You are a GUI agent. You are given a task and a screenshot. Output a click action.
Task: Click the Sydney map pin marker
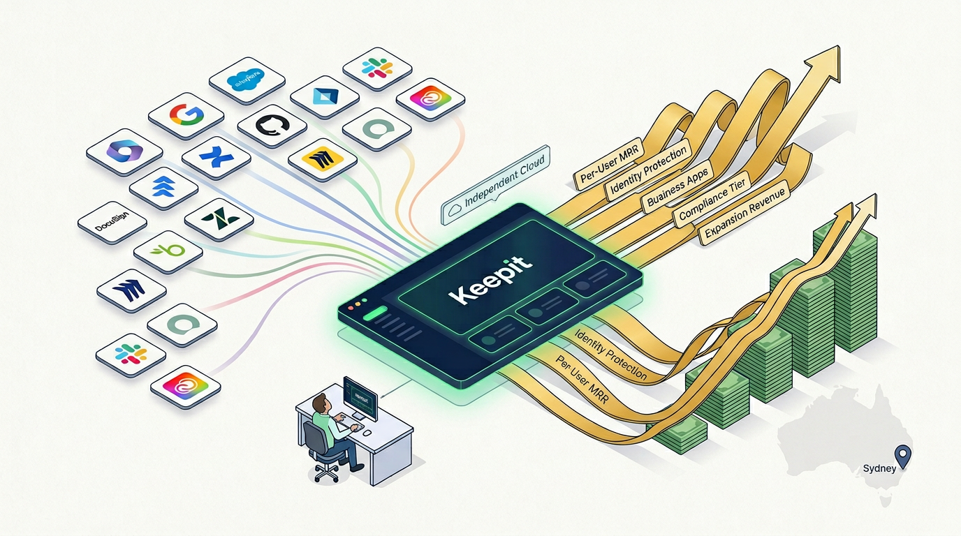905,455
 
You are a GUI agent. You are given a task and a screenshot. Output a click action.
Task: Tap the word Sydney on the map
879,468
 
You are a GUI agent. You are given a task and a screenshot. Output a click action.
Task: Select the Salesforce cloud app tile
248,79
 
